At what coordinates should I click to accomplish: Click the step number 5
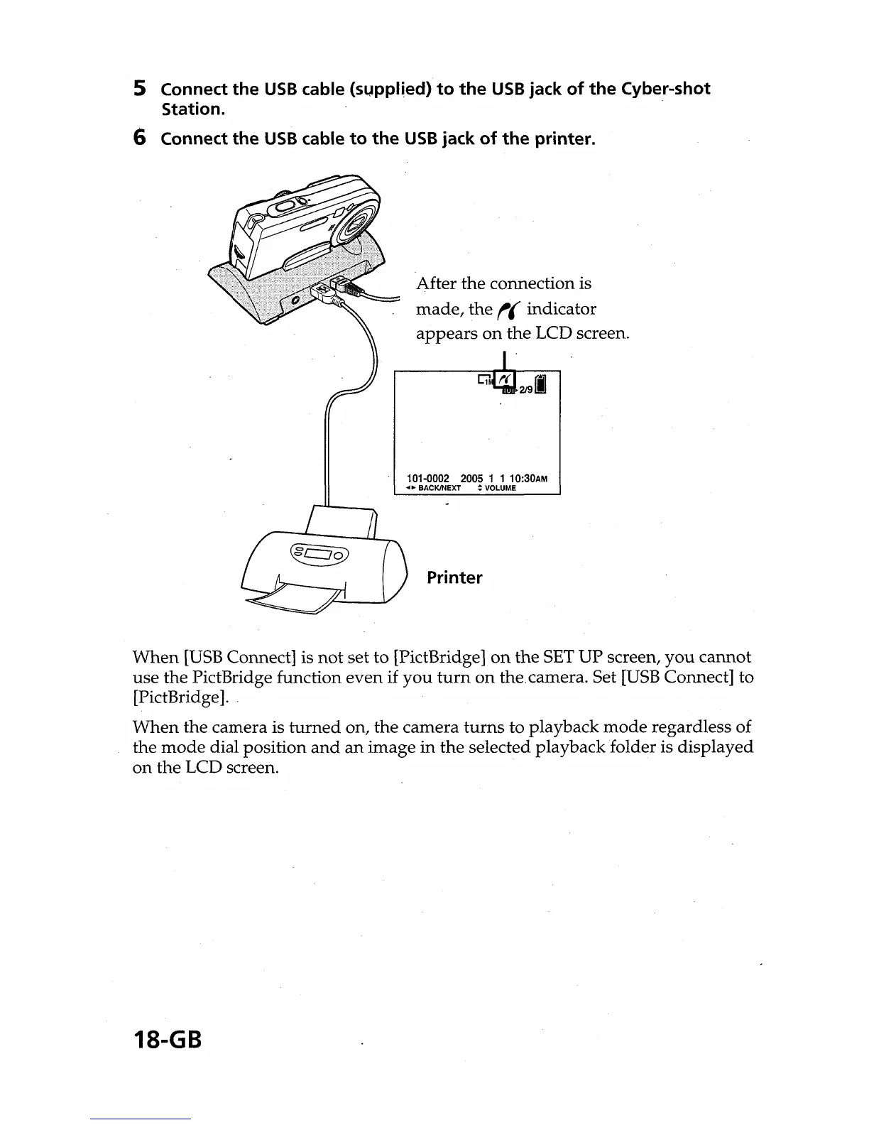[x=140, y=89]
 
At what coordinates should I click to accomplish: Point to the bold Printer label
[x=454, y=577]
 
